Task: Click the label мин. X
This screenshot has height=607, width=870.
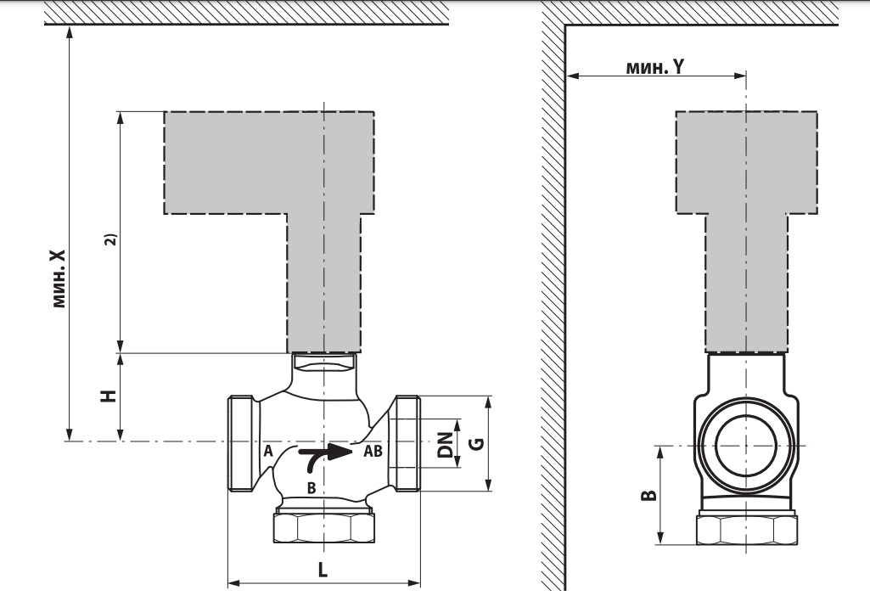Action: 59,278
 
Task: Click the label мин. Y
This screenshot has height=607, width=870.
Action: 655,67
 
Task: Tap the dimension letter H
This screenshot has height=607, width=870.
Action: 109,396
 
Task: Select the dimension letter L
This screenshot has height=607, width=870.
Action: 323,570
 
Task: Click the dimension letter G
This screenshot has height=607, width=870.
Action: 477,444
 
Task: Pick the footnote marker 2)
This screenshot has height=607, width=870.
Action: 111,239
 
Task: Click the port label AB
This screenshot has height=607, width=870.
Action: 373,451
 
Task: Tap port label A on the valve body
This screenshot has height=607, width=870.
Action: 268,451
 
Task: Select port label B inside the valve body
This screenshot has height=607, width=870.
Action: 312,488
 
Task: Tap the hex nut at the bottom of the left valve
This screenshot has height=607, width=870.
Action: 324,528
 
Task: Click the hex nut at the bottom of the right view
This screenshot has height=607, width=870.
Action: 747,530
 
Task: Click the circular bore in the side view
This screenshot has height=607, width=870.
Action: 746,445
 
